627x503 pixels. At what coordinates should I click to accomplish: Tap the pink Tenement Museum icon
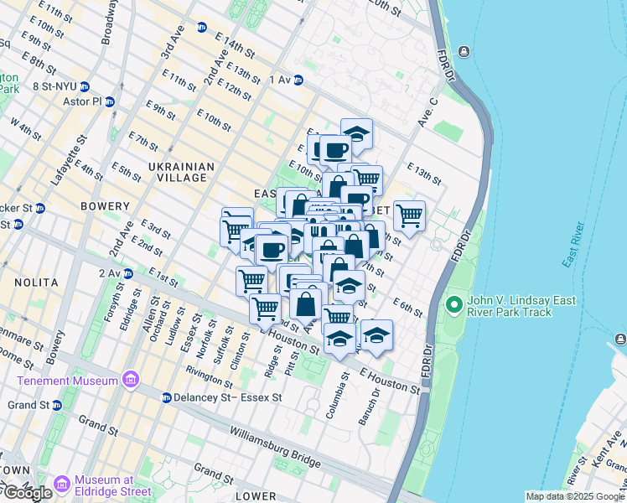130,381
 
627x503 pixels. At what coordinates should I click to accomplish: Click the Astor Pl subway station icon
110,101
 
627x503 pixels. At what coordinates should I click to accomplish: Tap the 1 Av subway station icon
298,80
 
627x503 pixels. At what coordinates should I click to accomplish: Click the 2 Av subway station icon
128,273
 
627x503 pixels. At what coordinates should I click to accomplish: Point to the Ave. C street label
427,113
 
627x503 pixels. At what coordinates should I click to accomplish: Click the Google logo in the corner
27,494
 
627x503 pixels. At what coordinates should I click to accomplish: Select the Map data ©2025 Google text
575,496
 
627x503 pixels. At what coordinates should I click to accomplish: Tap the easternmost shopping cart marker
409,215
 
